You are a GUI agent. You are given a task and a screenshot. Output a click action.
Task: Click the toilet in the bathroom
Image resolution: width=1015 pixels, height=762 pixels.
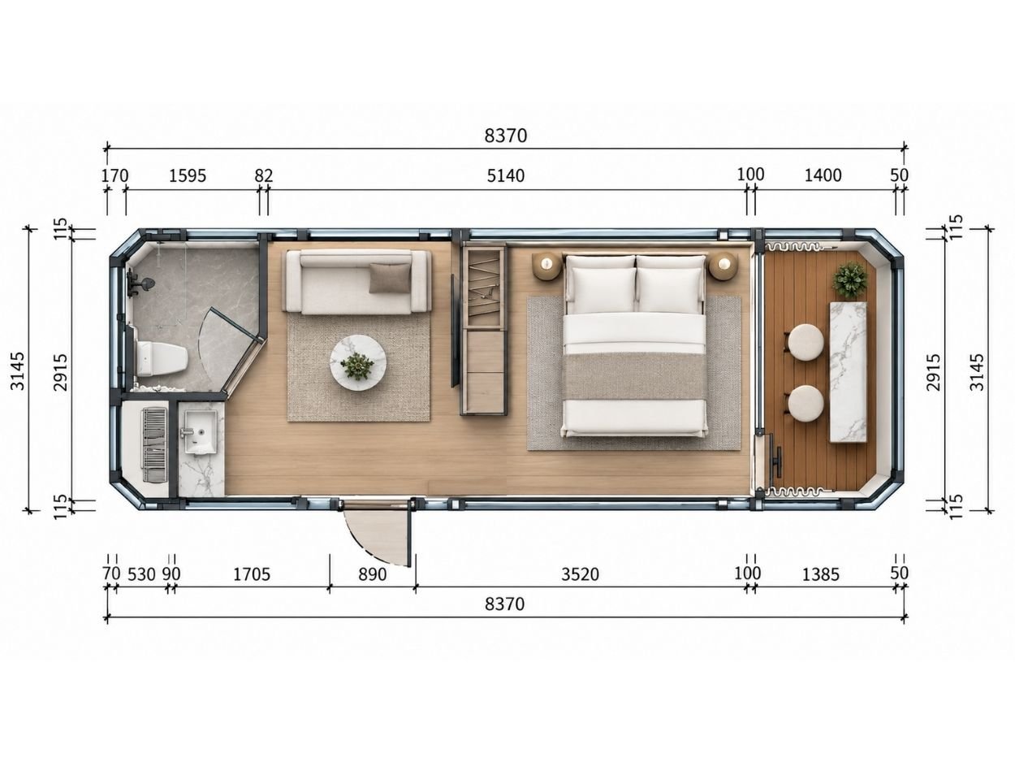162,358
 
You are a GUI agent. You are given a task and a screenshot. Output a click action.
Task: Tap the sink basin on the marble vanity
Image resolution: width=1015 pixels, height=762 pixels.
201,431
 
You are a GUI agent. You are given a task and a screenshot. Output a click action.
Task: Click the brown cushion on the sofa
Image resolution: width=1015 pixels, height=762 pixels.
389,278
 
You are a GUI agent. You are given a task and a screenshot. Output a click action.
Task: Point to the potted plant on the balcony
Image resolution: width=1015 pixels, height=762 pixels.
849,280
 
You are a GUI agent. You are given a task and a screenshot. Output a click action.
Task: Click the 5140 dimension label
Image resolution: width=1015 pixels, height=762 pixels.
505,175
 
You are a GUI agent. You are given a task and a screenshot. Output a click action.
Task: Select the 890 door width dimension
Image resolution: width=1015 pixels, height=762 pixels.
372,574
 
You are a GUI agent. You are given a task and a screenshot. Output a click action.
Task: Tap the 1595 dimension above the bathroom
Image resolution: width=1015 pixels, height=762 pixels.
188,175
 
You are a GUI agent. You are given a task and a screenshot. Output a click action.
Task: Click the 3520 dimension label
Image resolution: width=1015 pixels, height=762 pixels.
580,574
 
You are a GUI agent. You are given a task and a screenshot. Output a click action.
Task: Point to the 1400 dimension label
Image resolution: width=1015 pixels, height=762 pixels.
823,175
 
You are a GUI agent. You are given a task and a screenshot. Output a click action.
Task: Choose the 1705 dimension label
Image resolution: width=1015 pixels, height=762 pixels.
252,574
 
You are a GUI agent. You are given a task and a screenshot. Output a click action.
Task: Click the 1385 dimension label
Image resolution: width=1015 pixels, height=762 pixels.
821,574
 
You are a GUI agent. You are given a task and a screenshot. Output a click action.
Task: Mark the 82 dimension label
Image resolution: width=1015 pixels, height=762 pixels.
264,175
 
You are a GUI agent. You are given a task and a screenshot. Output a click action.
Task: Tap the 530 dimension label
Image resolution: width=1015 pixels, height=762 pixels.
141,574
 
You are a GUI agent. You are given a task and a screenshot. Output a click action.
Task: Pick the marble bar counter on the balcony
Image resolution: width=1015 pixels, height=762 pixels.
848,371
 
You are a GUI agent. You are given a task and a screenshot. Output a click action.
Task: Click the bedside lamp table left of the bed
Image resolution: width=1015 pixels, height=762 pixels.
547,266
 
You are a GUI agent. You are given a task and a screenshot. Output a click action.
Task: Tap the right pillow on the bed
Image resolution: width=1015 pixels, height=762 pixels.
670,284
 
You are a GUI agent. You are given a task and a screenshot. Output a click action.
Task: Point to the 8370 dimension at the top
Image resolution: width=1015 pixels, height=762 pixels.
505,136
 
